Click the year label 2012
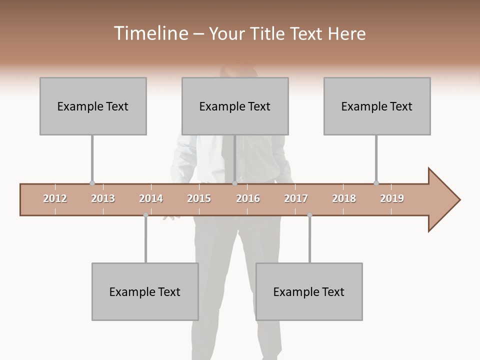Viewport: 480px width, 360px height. [55, 198]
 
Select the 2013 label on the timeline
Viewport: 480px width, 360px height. [103, 198]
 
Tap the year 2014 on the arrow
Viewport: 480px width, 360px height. [151, 198]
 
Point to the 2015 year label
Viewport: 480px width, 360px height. [199, 198]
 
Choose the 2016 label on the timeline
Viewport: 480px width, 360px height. [248, 198]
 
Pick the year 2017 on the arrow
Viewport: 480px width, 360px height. [296, 198]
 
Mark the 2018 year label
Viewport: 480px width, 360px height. [344, 198]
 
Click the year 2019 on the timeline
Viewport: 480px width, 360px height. [392, 198]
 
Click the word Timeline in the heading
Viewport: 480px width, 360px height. [150, 33]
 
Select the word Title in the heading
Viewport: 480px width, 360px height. [268, 33]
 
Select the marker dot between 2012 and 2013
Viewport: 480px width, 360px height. [92, 183]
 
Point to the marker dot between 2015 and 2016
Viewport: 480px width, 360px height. [234, 183]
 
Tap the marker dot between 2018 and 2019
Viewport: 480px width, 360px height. [376, 183]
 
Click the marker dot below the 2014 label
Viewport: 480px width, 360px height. [145, 215]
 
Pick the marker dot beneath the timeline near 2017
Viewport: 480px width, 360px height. [309, 215]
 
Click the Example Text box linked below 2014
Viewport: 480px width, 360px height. [145, 291]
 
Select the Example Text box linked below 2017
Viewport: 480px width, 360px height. [309, 291]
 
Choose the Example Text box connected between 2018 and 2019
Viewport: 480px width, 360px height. [377, 106]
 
